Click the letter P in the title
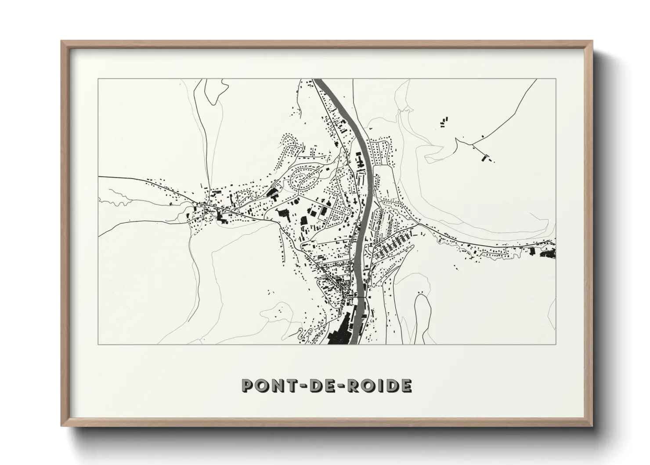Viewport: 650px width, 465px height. coord(248,386)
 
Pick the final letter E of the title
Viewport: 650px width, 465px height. coord(405,386)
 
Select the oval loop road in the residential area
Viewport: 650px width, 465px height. coord(304,180)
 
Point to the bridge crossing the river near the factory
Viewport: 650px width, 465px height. coord(358,298)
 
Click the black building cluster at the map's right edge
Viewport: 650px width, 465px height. coord(547,253)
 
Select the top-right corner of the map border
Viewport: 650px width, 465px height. coord(556,79)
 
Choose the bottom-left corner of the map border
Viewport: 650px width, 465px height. coord(98,344)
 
